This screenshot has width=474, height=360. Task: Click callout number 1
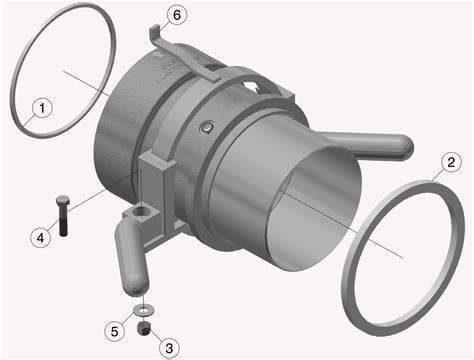tap(42, 108)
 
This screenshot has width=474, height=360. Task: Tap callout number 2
tap(451, 162)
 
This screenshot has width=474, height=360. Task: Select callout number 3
tap(169, 348)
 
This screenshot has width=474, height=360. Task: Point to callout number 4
tap(40, 238)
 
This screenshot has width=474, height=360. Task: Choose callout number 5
tap(114, 331)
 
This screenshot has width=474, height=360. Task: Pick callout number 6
tap(177, 15)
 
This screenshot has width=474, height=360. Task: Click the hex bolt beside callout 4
tap(63, 216)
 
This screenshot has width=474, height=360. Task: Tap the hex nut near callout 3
tap(144, 328)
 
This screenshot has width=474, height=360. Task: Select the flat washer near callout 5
tap(144, 310)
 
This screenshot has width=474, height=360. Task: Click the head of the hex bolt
tap(63, 202)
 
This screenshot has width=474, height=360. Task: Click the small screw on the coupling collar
tap(207, 127)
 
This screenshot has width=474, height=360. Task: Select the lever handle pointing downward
tap(131, 259)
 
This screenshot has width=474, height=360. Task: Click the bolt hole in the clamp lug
tap(143, 210)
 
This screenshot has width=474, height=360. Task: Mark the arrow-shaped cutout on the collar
tap(252, 85)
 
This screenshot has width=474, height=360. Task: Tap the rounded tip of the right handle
tap(405, 147)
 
